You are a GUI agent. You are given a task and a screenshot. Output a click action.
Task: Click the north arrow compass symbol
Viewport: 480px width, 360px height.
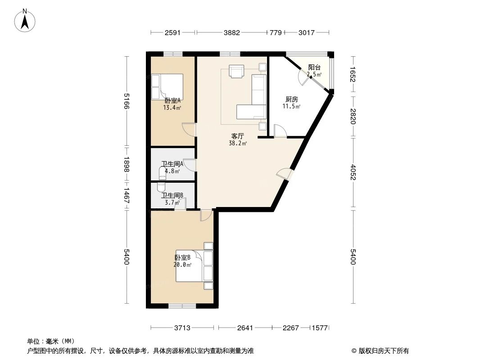pos(26,20)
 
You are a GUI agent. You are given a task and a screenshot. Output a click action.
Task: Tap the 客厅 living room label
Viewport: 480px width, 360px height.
pos(238,135)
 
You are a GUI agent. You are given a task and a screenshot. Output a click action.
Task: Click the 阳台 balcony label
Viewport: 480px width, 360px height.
pos(314,67)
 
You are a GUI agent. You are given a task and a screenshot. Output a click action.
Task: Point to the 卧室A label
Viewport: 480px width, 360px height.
pos(172,100)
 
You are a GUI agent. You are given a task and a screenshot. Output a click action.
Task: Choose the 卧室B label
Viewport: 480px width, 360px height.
pos(182,258)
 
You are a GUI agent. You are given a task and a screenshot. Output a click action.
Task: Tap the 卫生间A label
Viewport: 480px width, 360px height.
pos(172,164)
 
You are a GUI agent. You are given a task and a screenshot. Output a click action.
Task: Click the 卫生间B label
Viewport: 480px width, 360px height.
pos(172,195)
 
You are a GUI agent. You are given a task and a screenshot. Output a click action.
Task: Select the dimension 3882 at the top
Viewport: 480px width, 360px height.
pos(232,32)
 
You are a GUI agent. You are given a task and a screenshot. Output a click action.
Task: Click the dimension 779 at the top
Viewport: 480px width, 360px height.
pos(275,32)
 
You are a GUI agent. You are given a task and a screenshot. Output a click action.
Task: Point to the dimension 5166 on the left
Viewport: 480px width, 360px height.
pos(127,101)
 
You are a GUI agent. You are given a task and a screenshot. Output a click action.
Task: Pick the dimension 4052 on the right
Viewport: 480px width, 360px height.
pos(353,173)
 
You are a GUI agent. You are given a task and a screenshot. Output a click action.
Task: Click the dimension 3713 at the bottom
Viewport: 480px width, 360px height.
pos(184,328)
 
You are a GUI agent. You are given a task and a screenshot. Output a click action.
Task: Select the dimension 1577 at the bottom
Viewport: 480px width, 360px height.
pos(321,328)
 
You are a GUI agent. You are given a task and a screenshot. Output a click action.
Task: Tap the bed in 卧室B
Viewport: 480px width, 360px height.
pos(191,265)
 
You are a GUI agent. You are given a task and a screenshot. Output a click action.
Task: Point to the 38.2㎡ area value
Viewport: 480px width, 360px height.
pos(238,144)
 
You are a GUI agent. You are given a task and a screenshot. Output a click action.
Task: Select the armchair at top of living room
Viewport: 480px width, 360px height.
pos(236,72)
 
